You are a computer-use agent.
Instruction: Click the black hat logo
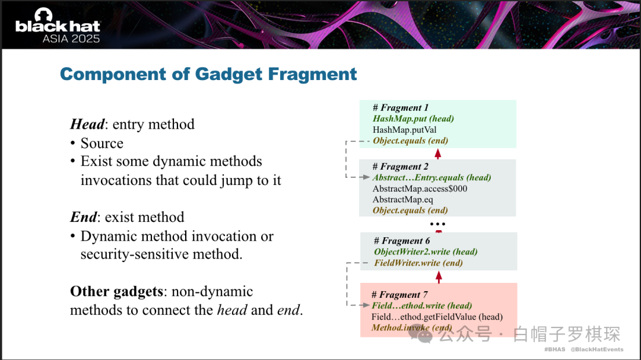click(58, 26)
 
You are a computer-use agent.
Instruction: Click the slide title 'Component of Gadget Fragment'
click(208, 74)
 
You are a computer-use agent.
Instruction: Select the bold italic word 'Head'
click(87, 124)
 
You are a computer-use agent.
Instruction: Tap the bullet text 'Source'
click(102, 143)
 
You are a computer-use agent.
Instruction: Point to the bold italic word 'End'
click(84, 216)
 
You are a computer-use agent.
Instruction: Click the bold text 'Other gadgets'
click(116, 291)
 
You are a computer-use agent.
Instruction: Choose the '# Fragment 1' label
click(400, 107)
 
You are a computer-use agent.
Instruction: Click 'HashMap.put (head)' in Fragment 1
click(413, 119)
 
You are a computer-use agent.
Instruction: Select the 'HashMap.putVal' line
click(404, 129)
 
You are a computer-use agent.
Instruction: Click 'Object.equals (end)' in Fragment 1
click(411, 141)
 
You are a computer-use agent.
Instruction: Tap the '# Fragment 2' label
click(400, 166)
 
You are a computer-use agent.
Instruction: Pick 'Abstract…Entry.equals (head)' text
click(431, 177)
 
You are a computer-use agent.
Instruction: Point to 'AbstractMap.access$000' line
click(420, 189)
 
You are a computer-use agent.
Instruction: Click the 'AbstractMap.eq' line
click(402, 199)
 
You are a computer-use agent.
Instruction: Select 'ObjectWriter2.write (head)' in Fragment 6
click(426, 251)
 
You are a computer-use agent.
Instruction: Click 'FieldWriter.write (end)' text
click(418, 263)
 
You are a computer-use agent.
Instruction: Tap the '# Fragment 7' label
click(399, 295)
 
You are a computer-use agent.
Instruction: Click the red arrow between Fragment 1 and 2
click(438, 154)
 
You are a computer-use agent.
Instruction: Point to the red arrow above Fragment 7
click(439, 277)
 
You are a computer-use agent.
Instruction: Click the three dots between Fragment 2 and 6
click(437, 224)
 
